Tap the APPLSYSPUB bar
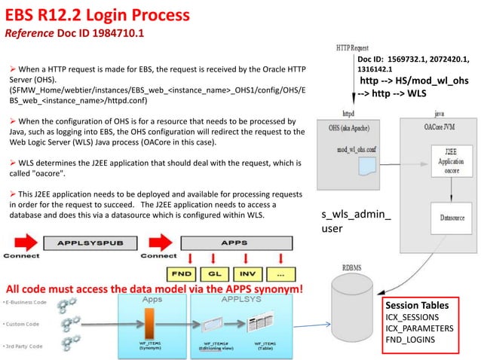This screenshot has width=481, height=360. point(92,243)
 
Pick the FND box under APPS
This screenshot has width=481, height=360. point(181,273)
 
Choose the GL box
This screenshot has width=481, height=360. point(214,273)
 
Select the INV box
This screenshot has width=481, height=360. point(247,273)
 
